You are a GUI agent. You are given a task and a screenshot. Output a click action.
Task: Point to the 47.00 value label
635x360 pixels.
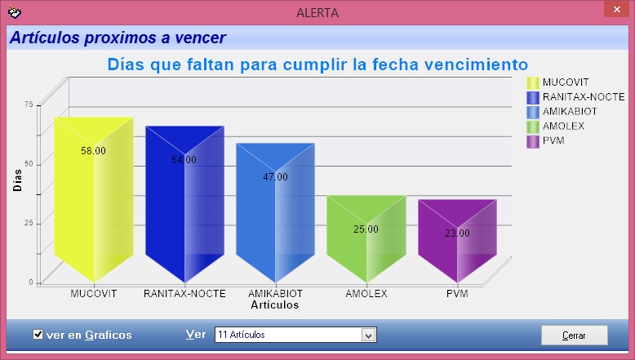[275, 177]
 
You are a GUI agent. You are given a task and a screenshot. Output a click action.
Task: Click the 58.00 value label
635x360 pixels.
[93, 151]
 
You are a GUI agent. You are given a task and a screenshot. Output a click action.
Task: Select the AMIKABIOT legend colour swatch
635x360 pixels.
[533, 112]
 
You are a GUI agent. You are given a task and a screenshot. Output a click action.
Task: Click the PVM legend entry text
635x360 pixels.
[553, 140]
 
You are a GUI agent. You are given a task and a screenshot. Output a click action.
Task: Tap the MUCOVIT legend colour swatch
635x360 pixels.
[533, 83]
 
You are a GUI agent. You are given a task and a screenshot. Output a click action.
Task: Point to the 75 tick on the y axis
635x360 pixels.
[29, 104]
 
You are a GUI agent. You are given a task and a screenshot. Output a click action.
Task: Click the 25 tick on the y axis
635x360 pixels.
[29, 223]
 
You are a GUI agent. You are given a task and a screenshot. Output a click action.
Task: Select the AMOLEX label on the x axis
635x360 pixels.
[366, 294]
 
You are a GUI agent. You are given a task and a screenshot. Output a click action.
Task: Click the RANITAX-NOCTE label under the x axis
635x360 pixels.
[184, 294]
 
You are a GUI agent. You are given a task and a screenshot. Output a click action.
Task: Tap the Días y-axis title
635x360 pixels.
[17, 180]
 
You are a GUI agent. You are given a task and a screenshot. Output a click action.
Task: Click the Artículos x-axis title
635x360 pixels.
[274, 305]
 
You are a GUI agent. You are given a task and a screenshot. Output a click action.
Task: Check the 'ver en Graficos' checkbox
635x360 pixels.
[38, 335]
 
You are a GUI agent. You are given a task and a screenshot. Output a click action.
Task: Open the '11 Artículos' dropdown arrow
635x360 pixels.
[368, 336]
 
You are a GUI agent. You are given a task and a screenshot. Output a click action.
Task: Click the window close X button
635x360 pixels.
[617, 9]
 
